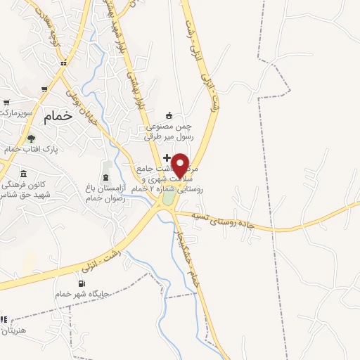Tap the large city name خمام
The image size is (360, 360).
click(58, 117)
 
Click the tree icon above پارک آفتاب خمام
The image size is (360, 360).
click(30, 139)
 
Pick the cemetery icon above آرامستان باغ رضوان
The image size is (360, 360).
click(106, 174)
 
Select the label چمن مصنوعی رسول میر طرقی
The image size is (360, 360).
click(168, 131)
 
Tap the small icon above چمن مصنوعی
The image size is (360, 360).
click(168, 115)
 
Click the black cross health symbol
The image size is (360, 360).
click(167, 157)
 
